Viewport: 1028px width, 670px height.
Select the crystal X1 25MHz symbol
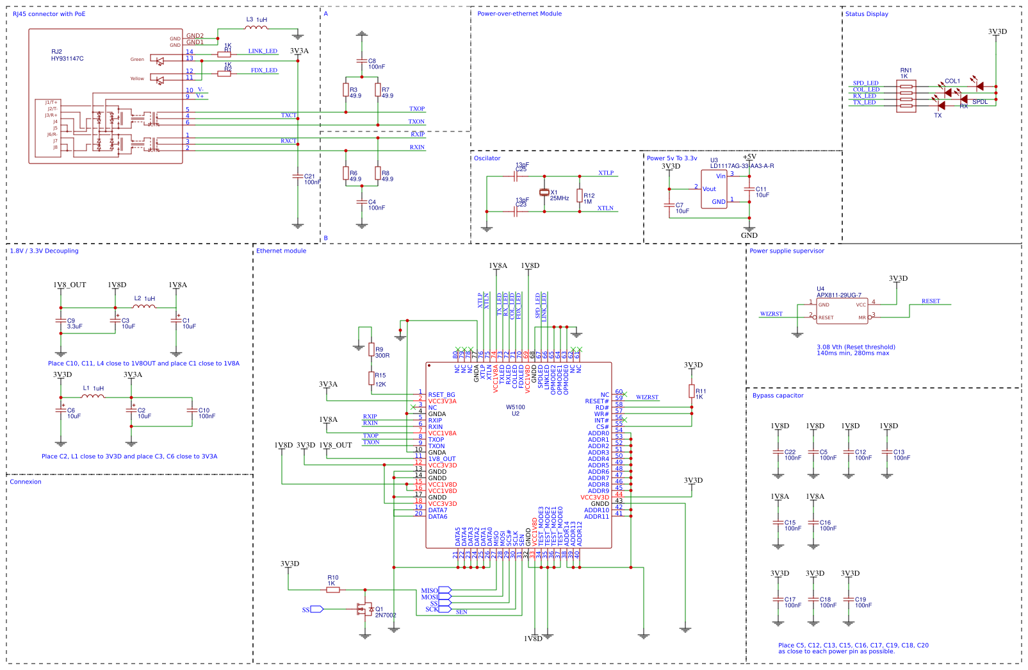(x=544, y=192)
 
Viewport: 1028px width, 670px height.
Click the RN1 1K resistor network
(x=906, y=96)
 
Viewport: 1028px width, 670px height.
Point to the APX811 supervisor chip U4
(x=842, y=311)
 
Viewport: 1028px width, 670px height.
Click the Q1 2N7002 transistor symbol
(x=365, y=609)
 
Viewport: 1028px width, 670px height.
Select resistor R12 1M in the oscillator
(x=580, y=196)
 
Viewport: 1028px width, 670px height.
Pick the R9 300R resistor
(x=371, y=349)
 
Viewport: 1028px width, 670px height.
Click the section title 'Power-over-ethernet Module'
(x=519, y=13)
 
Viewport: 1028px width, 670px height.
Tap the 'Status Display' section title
(x=866, y=13)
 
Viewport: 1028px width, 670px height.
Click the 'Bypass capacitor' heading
(x=778, y=396)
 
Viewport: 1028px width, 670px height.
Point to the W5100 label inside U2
(x=515, y=407)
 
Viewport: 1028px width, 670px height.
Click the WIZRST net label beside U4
(x=771, y=314)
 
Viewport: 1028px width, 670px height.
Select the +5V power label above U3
(x=749, y=156)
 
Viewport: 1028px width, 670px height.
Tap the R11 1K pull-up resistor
(x=692, y=391)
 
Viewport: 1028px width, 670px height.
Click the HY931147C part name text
(x=67, y=59)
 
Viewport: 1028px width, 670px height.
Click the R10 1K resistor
(x=333, y=590)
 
